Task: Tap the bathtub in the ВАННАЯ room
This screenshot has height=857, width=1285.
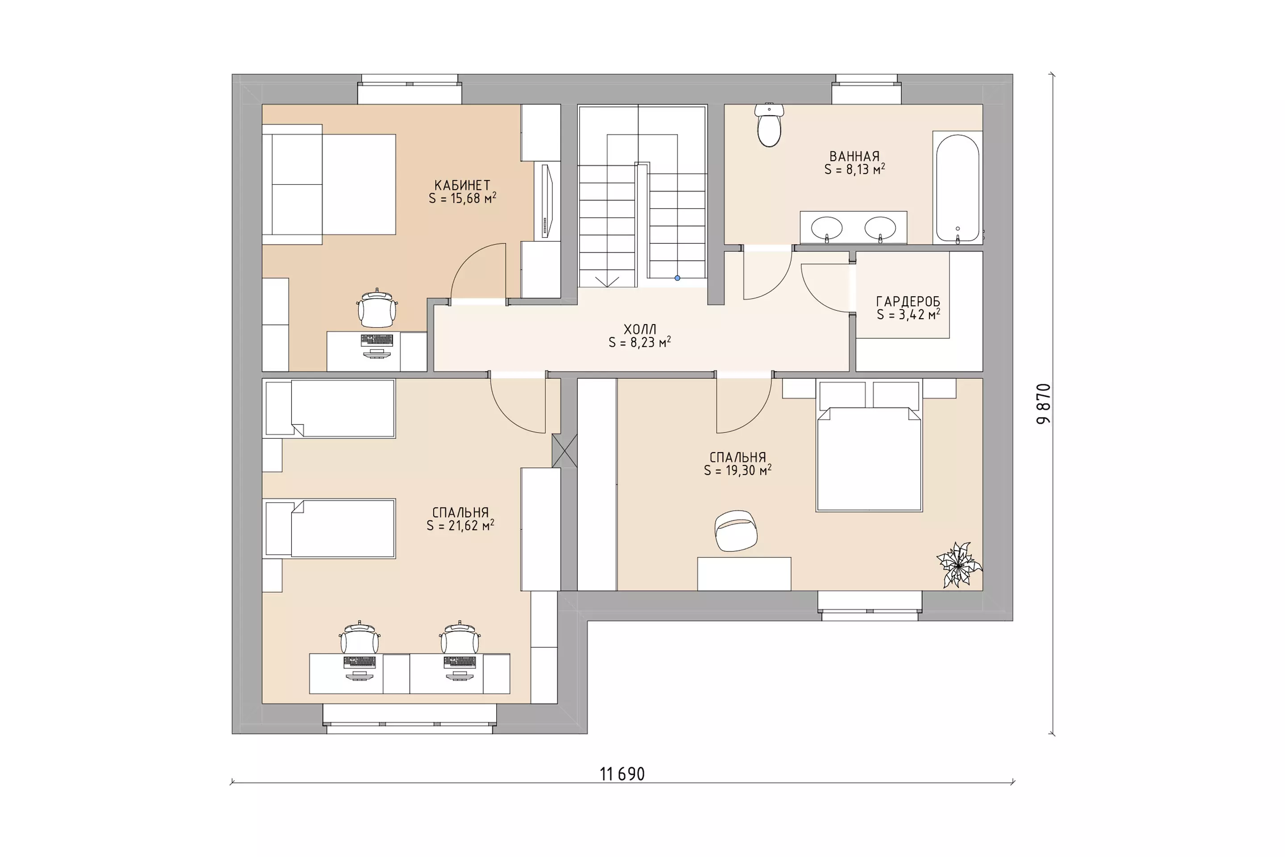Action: (x=957, y=187)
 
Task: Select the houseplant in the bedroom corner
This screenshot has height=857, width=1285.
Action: (x=959, y=565)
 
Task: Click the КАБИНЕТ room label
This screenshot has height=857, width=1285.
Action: (x=462, y=185)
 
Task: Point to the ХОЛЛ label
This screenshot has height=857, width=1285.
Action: (x=640, y=329)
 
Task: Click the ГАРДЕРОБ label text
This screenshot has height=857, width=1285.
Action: (x=908, y=302)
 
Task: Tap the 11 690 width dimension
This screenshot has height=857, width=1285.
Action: (x=622, y=774)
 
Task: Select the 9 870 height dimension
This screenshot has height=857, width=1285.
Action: (x=1044, y=404)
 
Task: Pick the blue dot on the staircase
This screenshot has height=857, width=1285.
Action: (x=677, y=278)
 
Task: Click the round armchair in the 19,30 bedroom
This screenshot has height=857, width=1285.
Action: (x=736, y=531)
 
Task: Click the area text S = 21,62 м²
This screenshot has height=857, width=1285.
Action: (x=460, y=525)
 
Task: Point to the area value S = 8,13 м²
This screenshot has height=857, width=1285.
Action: (x=854, y=170)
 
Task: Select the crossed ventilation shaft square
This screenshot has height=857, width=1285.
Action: (x=564, y=451)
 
